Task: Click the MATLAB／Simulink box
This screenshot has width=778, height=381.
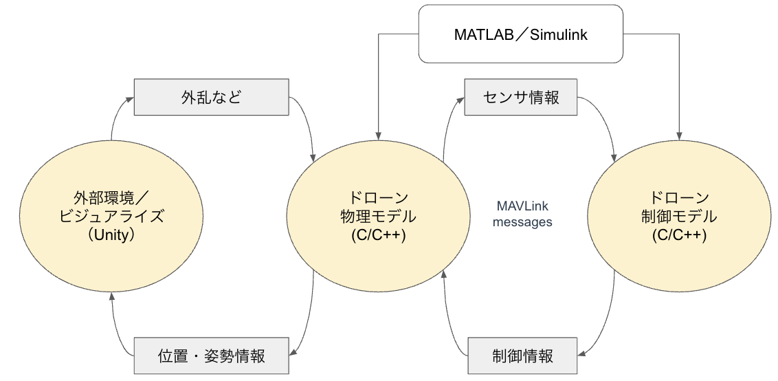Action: tap(520, 34)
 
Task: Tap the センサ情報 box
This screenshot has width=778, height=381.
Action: tap(521, 97)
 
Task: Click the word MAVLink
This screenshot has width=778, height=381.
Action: tap(522, 206)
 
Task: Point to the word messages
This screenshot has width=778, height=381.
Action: tap(522, 222)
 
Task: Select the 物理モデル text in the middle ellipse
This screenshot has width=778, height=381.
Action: tap(377, 216)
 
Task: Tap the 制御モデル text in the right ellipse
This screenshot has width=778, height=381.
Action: tap(674, 216)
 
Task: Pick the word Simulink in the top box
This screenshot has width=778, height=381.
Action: tap(559, 34)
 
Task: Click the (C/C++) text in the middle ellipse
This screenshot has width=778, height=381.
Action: tap(377, 235)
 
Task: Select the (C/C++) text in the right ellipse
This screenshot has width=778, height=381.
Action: tap(674, 235)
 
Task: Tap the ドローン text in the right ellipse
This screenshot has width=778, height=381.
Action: tap(674, 197)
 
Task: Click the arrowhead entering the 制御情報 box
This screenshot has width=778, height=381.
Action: tap(581, 355)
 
